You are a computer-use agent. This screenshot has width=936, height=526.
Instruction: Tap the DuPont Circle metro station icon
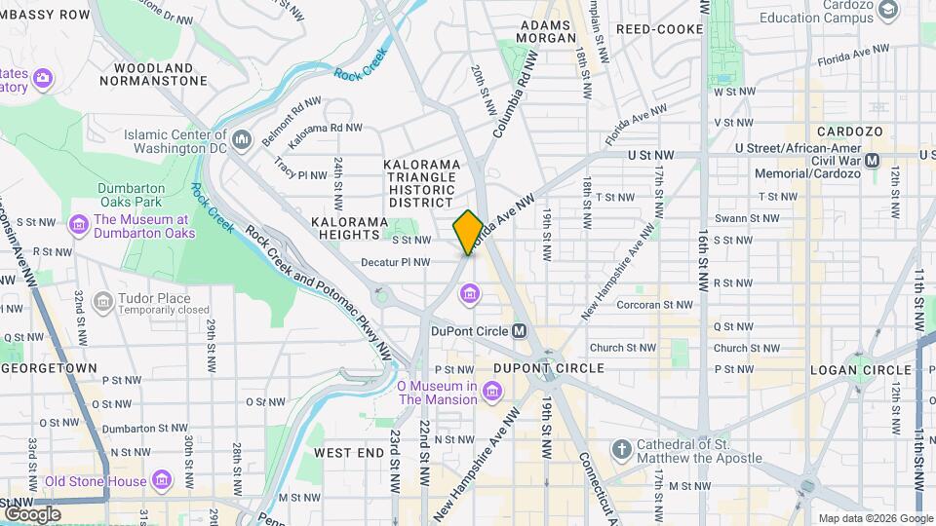coord(520,331)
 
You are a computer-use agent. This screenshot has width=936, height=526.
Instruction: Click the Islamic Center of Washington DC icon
coord(242,135)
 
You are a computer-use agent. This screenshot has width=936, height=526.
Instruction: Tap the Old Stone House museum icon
coord(161,481)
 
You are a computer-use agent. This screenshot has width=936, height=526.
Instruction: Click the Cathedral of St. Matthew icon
coord(621,448)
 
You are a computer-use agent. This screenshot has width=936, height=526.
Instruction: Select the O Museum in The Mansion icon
coord(493,392)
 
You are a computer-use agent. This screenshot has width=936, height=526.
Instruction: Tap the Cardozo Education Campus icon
coord(887,10)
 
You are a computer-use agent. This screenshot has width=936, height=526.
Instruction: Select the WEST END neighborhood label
coord(349,453)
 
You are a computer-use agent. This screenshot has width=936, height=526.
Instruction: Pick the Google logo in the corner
coord(31,513)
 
